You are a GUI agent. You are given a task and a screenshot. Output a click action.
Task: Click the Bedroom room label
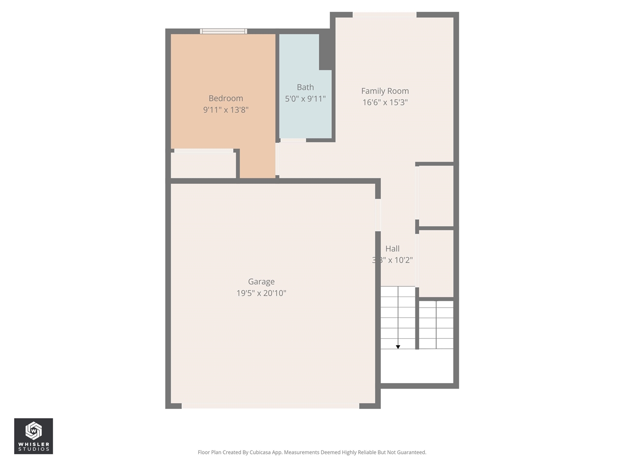tap(226, 98)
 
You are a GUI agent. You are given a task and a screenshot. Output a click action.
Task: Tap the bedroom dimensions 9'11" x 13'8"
tap(226, 110)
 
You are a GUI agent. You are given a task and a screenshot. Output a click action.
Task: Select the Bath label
tap(305, 87)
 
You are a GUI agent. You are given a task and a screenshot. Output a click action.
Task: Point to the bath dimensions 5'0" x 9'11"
tap(305, 99)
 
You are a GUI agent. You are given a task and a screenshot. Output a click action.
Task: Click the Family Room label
tap(385, 91)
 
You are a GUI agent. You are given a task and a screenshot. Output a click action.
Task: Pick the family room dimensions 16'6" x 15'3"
tap(385, 102)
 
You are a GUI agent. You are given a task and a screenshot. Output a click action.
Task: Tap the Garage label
tap(261, 282)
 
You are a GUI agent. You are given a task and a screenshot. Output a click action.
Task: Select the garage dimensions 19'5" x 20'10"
tap(261, 293)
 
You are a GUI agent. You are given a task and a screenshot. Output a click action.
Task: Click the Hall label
tap(392, 249)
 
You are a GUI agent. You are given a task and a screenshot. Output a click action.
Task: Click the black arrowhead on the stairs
tap(398, 347)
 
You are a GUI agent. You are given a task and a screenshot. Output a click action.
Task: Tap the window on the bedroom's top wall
tap(223, 32)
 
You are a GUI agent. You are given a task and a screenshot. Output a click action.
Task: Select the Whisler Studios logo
tap(34, 436)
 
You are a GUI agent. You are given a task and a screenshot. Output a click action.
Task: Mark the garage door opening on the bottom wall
tap(271, 406)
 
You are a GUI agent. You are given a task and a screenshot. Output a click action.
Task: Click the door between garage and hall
tap(378, 215)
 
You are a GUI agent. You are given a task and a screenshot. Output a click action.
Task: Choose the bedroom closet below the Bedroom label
tap(203, 165)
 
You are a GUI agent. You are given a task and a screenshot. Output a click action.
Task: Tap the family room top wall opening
tap(384, 15)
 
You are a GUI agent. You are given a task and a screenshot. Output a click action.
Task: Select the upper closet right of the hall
tap(436, 195)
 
